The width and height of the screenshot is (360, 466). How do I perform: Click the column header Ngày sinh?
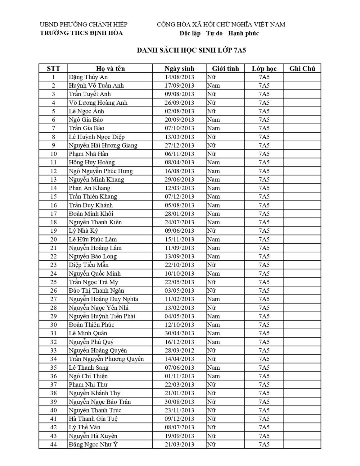[x=179, y=69]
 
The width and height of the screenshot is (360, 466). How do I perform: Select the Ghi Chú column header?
[x=302, y=69]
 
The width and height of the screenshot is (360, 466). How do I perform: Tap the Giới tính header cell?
[x=225, y=69]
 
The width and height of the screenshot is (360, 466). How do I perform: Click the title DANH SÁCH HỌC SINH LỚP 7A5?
[x=191, y=50]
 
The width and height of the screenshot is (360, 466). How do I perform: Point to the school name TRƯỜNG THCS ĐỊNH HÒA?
[x=81, y=33]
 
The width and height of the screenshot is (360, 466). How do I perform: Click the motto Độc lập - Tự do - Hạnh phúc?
[x=219, y=33]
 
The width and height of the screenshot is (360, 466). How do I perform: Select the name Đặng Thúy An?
[x=88, y=77]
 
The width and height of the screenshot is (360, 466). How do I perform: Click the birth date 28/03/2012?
[x=179, y=350]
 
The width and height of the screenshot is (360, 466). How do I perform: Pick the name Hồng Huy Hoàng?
[x=92, y=162]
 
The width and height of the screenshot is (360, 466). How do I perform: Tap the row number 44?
[x=53, y=444]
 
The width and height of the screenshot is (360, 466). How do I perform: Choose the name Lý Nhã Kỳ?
[x=83, y=231]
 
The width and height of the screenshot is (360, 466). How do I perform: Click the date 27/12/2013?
[x=179, y=145]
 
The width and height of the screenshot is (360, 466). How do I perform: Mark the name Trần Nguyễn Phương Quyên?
[x=106, y=359]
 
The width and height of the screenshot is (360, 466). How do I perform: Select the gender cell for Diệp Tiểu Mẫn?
[x=212, y=265]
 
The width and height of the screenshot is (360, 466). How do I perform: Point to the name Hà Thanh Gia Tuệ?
[x=93, y=419]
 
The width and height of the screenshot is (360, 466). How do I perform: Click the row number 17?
[x=53, y=214]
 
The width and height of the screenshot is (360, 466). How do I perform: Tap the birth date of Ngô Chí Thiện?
[x=179, y=376]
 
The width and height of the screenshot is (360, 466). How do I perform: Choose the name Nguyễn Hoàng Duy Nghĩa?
[x=103, y=299]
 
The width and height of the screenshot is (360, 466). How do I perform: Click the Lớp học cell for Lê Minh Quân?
[x=264, y=333]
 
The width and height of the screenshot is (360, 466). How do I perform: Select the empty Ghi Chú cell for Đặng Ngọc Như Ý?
[x=302, y=444]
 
